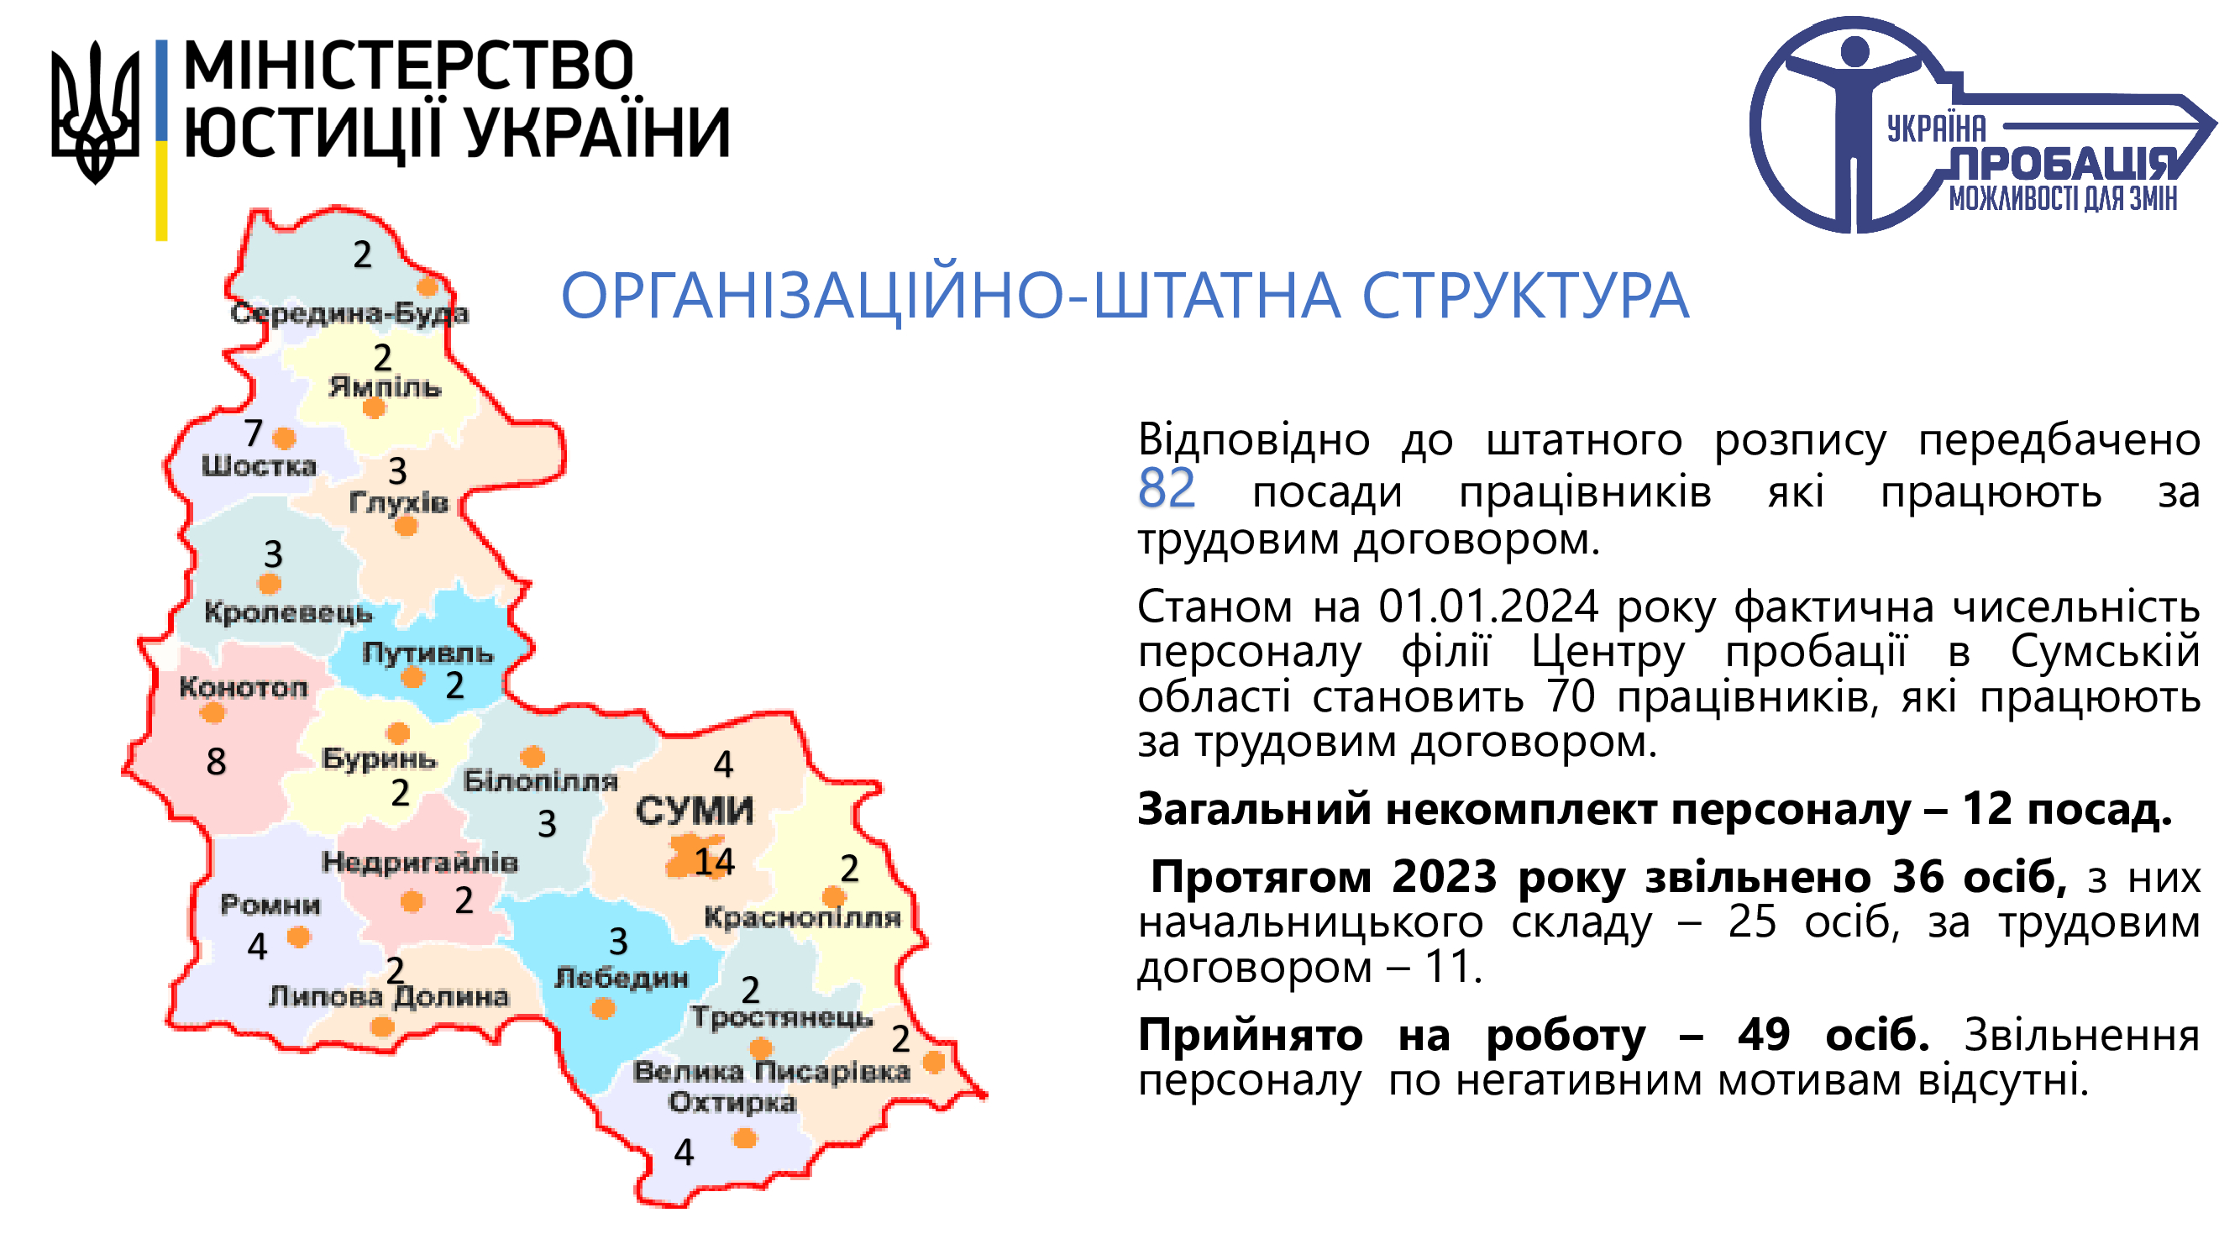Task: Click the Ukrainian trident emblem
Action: click(x=95, y=113)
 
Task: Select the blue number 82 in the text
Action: click(x=1166, y=489)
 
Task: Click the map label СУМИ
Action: click(x=694, y=811)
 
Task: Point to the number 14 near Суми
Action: click(x=714, y=862)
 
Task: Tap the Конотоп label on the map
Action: click(x=244, y=688)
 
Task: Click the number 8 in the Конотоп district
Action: click(x=216, y=762)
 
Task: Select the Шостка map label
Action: click(x=258, y=466)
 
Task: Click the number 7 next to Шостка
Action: click(x=253, y=432)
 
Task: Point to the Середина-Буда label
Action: click(x=349, y=313)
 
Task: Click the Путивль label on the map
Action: click(x=428, y=652)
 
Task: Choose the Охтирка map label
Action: click(x=732, y=1102)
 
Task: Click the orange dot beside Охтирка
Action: click(x=744, y=1138)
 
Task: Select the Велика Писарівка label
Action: click(x=771, y=1071)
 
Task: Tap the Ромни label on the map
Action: click(x=270, y=905)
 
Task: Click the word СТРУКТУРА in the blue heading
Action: click(x=1524, y=296)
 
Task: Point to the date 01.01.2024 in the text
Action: click(x=1488, y=606)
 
